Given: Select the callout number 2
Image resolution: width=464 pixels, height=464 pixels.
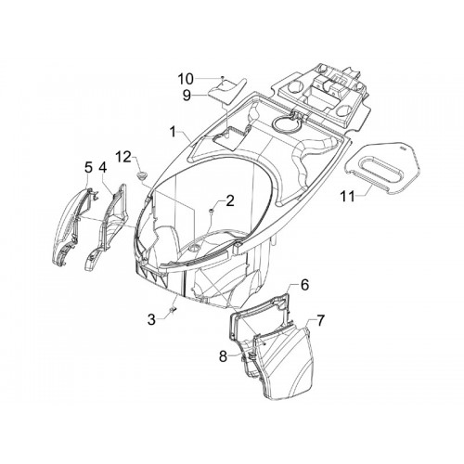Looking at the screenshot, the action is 230,201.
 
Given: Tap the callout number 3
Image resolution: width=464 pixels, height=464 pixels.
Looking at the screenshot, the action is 151,320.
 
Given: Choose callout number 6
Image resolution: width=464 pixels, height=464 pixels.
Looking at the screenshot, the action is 304,285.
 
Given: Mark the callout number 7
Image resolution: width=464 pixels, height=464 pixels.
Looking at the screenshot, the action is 320,321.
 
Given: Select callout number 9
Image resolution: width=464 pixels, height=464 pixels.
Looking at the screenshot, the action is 187,96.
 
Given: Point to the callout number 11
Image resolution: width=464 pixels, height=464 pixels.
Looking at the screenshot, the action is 348,196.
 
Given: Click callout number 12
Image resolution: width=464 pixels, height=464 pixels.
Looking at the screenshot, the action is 123,157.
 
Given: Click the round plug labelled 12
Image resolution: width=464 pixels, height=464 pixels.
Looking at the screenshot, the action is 142,175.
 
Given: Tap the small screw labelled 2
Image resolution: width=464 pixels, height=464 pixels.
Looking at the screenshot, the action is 211,211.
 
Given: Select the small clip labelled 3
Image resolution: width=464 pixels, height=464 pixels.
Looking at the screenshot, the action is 173,309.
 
